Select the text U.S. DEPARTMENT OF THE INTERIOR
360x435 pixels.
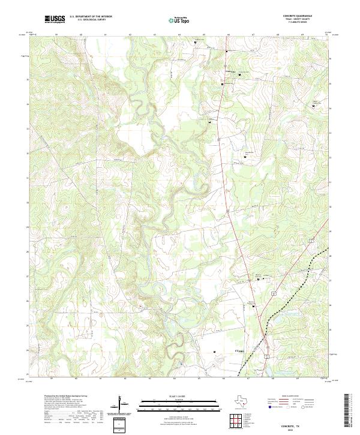pyautogui.click(x=91, y=17)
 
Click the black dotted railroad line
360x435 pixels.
pyautogui.click(x=294, y=276)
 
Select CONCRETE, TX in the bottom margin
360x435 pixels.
pyautogui.click(x=313, y=424)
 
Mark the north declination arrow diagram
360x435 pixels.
pyautogui.click(x=122, y=405)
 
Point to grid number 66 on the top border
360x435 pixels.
pyautogui.click(x=229, y=35)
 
